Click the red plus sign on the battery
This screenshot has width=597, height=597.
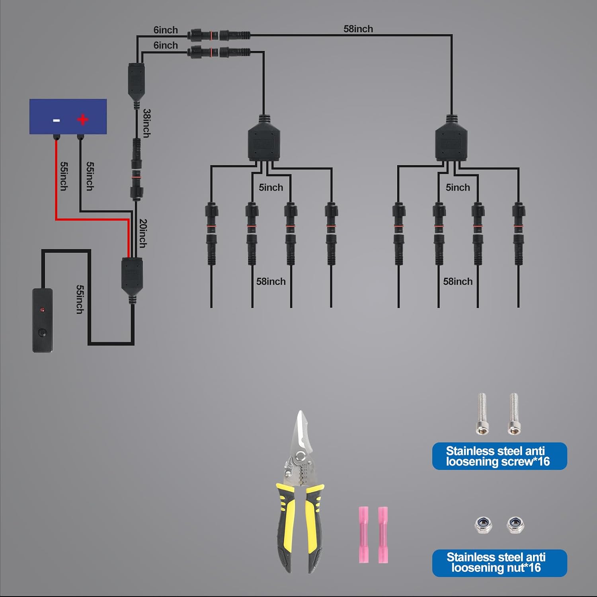[x=82, y=119]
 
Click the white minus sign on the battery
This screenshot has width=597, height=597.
[x=57, y=120]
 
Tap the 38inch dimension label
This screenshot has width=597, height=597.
[x=146, y=123]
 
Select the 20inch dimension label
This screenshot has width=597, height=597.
[x=142, y=234]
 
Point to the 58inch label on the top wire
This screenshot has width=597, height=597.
[x=358, y=29]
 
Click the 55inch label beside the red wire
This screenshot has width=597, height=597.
[x=64, y=176]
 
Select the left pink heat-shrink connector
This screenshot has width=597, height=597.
[x=363, y=535]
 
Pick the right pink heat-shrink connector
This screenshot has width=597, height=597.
[x=383, y=535]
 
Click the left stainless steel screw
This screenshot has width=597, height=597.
[x=482, y=414]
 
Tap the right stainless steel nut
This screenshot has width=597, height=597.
[x=515, y=525]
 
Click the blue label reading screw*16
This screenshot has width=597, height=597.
[x=499, y=456]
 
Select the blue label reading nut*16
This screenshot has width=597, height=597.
[x=499, y=563]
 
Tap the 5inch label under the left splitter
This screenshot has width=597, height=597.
[x=271, y=187]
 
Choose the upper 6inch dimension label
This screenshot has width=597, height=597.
[x=166, y=30]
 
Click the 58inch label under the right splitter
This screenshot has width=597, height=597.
[x=458, y=281]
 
